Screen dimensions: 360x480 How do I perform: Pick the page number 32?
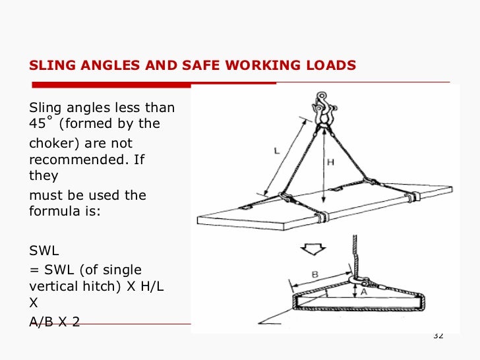point(438,336)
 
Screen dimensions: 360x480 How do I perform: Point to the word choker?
point(52,143)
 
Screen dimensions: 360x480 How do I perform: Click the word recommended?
point(73,159)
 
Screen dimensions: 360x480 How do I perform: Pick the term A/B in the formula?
point(44,323)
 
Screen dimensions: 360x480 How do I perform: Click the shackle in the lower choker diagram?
point(357,284)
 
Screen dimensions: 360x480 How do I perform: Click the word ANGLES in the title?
point(108,65)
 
